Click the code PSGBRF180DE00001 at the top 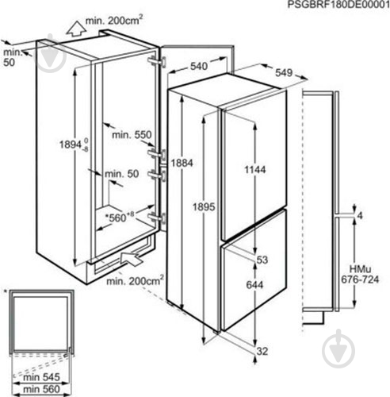(x=338, y=5)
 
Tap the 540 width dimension (x=199, y=66)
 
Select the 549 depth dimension (x=284, y=72)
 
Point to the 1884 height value (x=182, y=163)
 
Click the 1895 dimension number (x=204, y=206)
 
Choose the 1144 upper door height (x=255, y=169)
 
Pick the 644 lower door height (x=254, y=285)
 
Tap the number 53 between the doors (x=262, y=260)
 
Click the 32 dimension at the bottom (x=262, y=351)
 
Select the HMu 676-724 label (x=360, y=274)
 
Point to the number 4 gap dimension (x=360, y=216)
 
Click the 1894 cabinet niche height (x=74, y=145)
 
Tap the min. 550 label (x=132, y=135)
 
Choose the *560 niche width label (x=120, y=217)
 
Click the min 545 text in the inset (x=41, y=377)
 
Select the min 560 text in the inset (x=41, y=389)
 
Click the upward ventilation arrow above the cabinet (x=76, y=29)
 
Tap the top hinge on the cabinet (x=157, y=62)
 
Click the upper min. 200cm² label (x=114, y=20)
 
